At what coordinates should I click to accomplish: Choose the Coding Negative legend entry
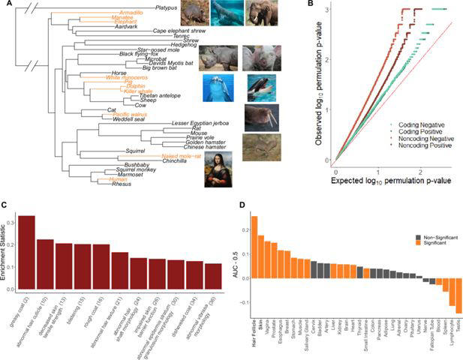tap(413, 124)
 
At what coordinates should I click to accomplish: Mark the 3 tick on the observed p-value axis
tap(323, 10)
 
